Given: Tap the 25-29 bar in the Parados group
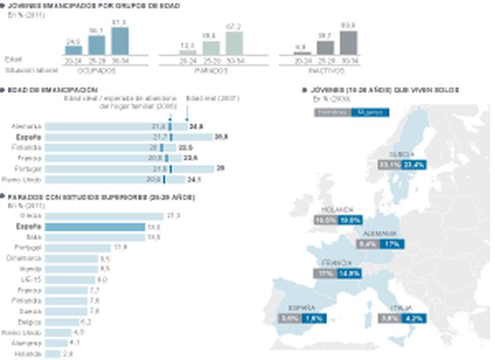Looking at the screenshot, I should pyautogui.click(x=211, y=47).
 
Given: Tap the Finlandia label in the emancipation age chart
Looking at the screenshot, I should pyautogui.click(x=27, y=147).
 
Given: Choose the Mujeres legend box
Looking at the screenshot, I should pyautogui.click(x=370, y=112).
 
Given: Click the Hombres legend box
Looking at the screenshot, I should pyautogui.click(x=333, y=112).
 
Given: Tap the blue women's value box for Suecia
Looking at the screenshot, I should pyautogui.click(x=415, y=165).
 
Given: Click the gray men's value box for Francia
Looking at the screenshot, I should pyautogui.click(x=325, y=273).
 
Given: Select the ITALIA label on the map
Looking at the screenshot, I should pyautogui.click(x=398, y=308).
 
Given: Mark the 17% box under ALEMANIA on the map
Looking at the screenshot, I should pyautogui.click(x=392, y=244).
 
